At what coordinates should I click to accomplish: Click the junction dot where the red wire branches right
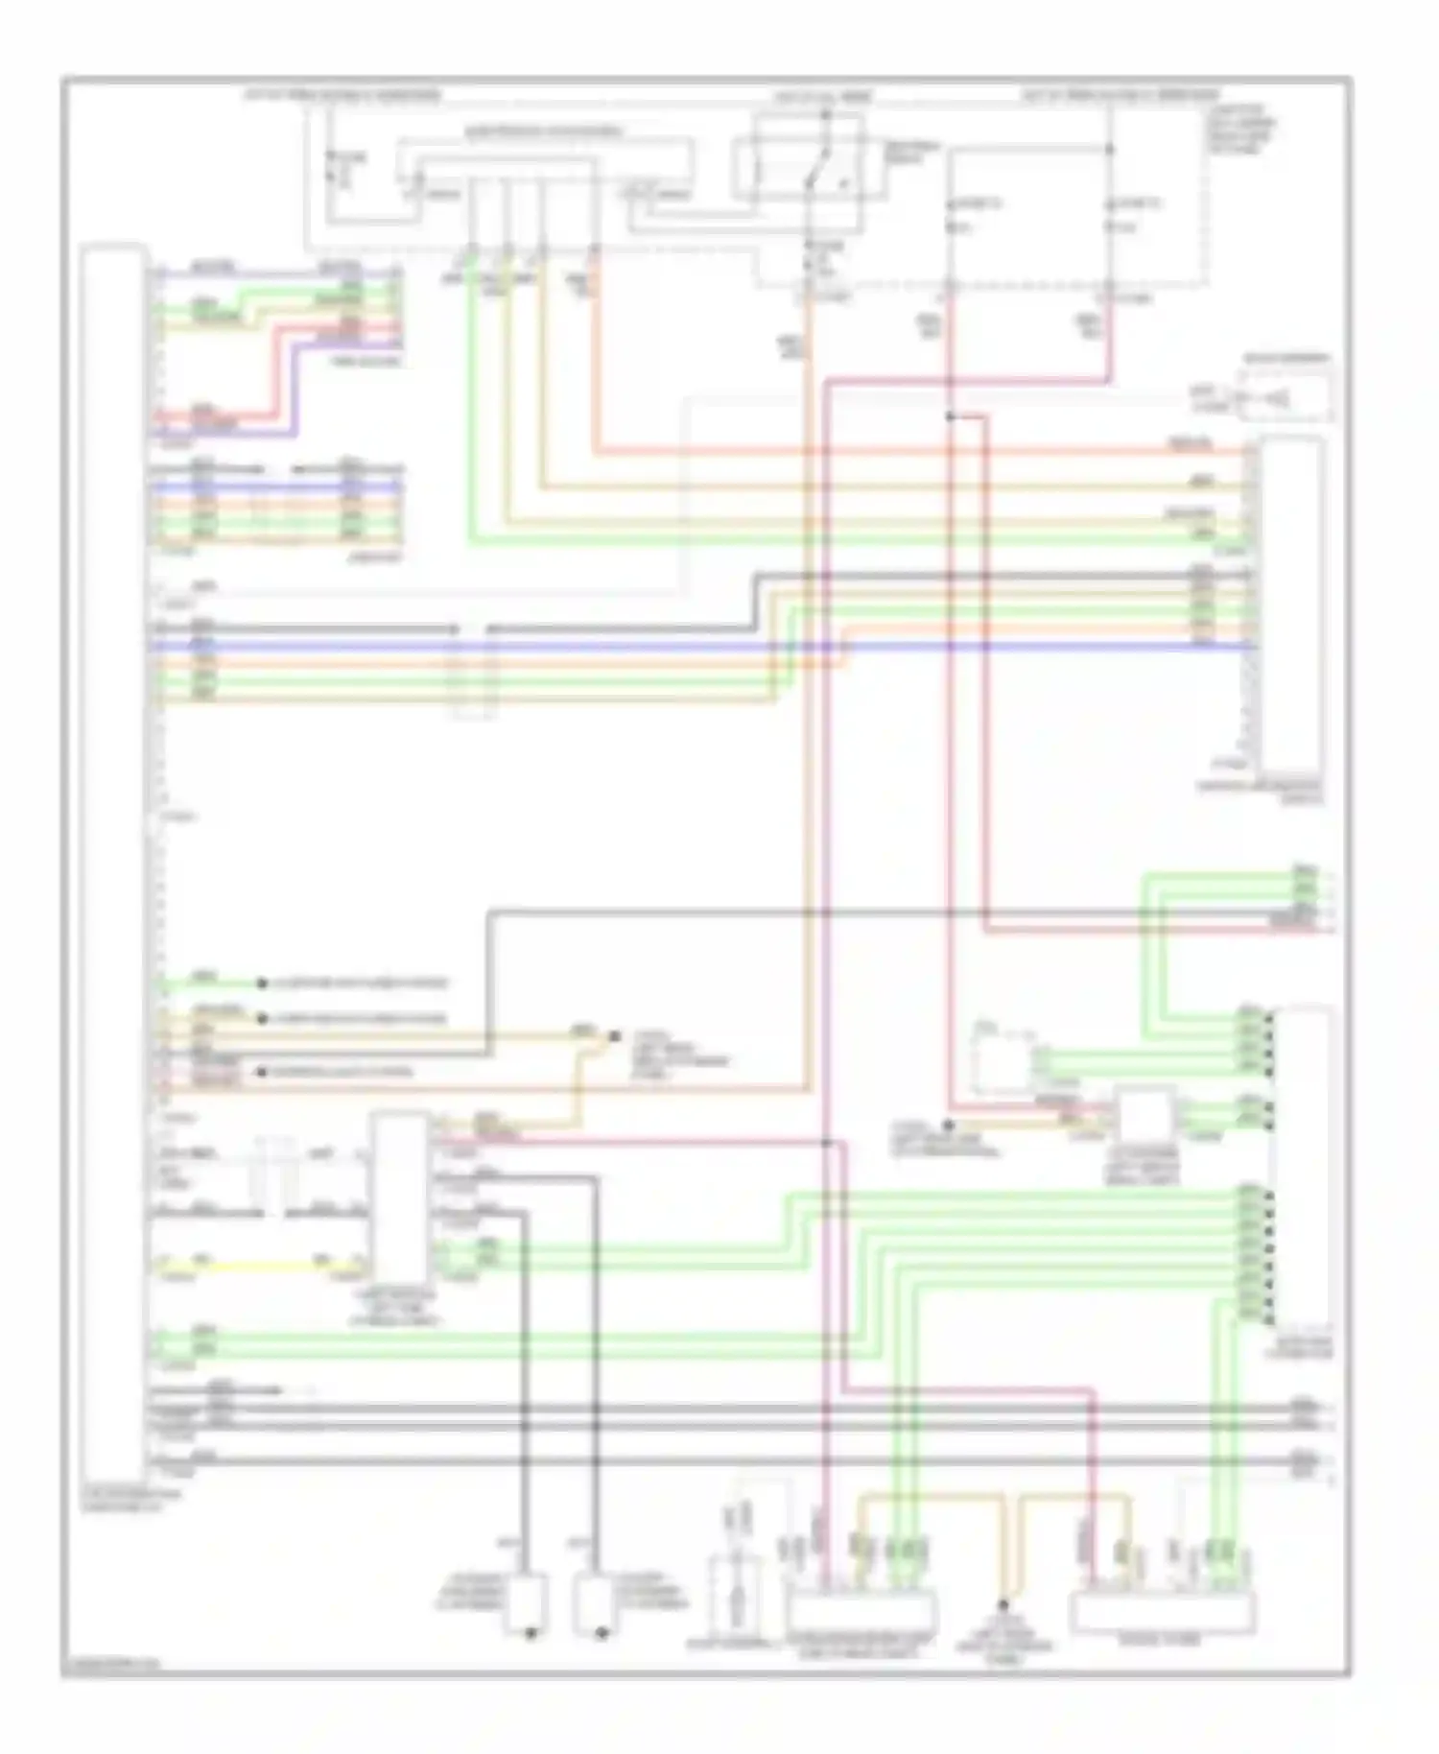pyautogui.click(x=950, y=415)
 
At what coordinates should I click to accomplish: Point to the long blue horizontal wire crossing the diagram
pyautogui.click(x=672, y=647)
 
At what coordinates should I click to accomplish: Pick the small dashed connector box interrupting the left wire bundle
pyautogui.click(x=475, y=672)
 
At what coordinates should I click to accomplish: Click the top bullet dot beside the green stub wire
pyautogui.click(x=261, y=984)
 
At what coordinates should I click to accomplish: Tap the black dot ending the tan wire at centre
pyautogui.click(x=614, y=1037)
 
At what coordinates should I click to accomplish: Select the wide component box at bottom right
pyautogui.click(x=1162, y=1612)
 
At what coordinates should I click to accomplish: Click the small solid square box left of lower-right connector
pyautogui.click(x=1144, y=1115)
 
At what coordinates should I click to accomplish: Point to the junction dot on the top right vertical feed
pyautogui.click(x=1110, y=150)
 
